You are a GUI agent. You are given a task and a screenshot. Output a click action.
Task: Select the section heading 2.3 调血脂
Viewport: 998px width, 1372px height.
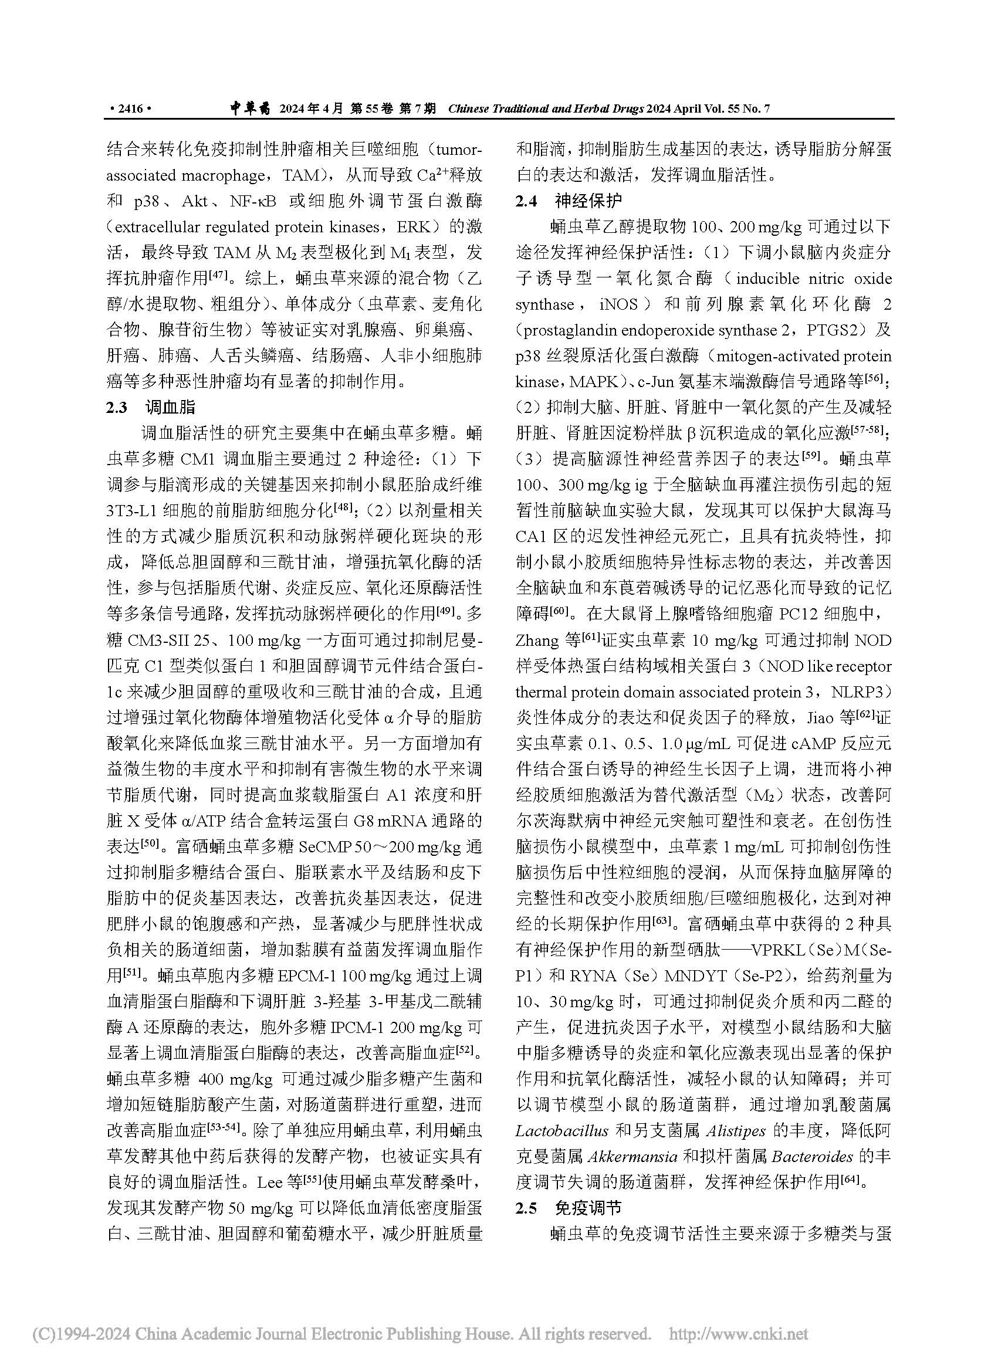coord(151,407)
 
